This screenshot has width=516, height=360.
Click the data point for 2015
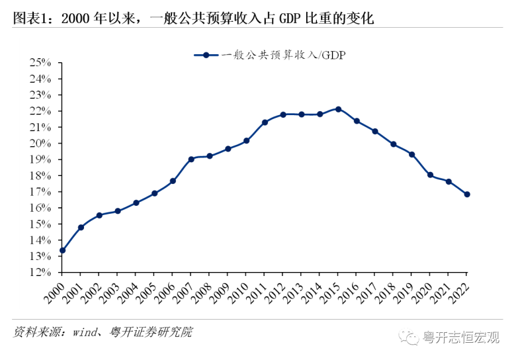point(338,109)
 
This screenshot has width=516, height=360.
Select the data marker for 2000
point(62,250)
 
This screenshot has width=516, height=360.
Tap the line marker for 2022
point(467,194)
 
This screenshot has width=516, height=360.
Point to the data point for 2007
point(191,159)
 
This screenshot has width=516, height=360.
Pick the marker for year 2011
point(265,122)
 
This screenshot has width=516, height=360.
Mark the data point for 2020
point(430,175)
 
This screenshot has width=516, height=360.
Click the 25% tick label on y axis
point(40,63)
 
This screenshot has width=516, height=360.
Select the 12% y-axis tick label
point(40,272)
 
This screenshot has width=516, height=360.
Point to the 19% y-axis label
point(40,159)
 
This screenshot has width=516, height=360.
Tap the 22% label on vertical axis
point(40,111)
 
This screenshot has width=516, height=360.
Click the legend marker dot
point(206,56)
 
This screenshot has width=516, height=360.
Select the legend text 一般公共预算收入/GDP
point(284,56)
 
